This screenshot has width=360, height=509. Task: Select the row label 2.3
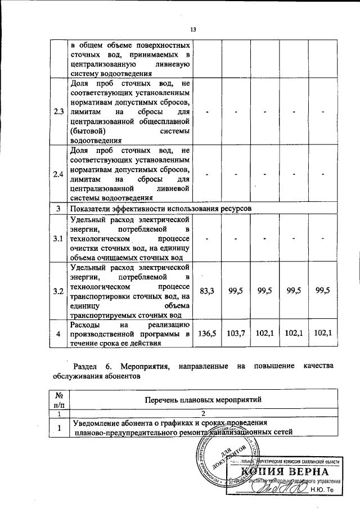click(x=58, y=112)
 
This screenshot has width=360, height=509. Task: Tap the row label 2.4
click(x=58, y=174)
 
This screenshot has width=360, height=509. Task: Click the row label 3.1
click(x=58, y=240)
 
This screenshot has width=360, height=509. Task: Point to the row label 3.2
click(x=58, y=291)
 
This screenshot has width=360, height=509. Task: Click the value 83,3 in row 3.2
click(x=207, y=291)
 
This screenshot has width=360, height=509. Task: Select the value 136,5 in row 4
click(x=207, y=333)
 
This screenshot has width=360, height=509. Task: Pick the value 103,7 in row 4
click(x=236, y=333)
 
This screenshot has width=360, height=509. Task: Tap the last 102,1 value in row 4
click(x=323, y=333)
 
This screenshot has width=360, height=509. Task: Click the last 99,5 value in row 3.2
click(x=323, y=291)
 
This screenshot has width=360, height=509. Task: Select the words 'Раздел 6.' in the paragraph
click(x=88, y=366)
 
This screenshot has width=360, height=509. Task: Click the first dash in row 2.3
click(x=207, y=112)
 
